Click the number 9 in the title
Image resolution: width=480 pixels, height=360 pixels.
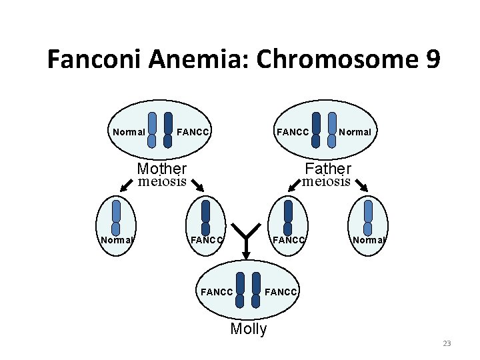pos(431,59)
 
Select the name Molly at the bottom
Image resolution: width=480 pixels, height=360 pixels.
pos(248,329)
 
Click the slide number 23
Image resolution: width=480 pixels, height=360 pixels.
pos(447,343)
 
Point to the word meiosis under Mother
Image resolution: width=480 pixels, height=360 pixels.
pos(162,181)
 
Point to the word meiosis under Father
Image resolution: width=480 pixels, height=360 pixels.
pos(327,181)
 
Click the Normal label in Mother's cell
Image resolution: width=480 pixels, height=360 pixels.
pos(129,132)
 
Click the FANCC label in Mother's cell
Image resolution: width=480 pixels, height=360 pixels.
pos(194,132)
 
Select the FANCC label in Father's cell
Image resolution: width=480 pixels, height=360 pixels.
pos(293,132)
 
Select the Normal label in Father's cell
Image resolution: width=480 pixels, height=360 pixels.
pos(355,132)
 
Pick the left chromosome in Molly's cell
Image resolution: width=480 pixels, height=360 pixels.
pos(241,292)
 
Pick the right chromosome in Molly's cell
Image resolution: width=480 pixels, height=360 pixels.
pos(257,292)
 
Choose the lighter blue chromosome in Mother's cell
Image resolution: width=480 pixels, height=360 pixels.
pos(152,130)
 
